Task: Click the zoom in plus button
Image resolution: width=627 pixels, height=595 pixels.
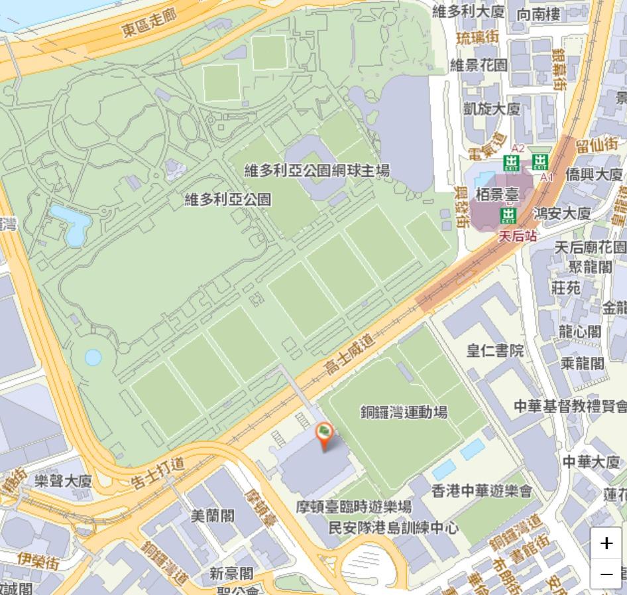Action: (606, 543)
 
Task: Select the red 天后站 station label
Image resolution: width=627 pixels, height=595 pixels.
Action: (518, 235)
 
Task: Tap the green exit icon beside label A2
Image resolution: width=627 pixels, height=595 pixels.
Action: (511, 163)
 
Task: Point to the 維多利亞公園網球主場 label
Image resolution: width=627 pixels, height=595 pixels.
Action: (317, 170)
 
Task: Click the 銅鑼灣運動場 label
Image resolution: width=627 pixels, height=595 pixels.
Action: (404, 412)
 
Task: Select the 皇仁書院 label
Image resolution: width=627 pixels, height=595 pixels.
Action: (494, 350)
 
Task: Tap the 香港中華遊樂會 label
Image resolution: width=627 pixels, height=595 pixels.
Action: (482, 491)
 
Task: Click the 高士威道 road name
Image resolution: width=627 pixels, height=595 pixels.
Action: (350, 353)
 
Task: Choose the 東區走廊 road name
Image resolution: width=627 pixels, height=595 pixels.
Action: (149, 23)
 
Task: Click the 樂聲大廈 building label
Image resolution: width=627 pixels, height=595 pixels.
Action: (63, 481)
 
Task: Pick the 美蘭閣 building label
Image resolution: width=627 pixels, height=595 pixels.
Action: (212, 515)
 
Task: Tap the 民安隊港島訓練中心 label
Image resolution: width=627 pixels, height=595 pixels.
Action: (394, 528)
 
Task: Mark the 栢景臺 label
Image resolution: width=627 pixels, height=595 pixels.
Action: (497, 195)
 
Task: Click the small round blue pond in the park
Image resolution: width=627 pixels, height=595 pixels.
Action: (93, 358)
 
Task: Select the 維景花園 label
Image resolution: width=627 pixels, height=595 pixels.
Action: (479, 64)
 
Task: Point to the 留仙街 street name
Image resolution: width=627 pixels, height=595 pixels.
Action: (597, 144)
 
